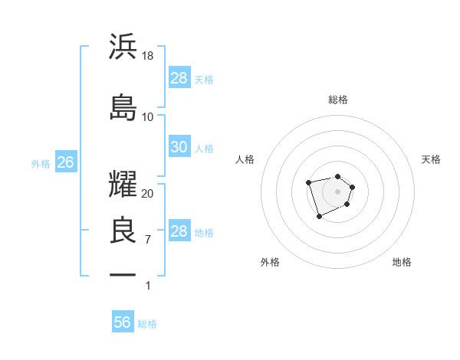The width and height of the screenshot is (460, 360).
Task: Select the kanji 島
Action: tap(123, 107)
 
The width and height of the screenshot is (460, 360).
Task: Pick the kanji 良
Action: tap(123, 231)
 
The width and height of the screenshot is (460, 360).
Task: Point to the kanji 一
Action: tap(123, 274)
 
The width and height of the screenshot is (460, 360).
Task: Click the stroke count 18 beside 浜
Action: tap(148, 55)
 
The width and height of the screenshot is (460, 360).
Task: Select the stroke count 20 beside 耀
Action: tap(148, 193)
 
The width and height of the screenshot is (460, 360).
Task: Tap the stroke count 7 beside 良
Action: tap(148, 239)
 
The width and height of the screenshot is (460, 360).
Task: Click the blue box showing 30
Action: tap(179, 147)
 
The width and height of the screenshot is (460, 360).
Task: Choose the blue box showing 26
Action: tap(65, 162)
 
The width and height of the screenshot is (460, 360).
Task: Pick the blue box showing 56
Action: tap(123, 322)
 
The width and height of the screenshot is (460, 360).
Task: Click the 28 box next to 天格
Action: tap(179, 77)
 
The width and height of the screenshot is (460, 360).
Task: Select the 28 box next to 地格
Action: tap(179, 231)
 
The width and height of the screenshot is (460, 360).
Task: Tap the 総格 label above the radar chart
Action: tap(338, 100)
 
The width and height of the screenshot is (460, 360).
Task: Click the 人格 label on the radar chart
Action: tap(245, 159)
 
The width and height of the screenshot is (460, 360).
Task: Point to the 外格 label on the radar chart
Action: tap(270, 262)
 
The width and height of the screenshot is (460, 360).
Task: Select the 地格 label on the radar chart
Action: tap(402, 262)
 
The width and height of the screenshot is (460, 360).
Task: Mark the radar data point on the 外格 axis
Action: tap(319, 217)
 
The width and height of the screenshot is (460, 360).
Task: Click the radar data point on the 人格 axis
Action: tap(308, 182)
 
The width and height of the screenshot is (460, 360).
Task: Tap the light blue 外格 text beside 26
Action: tap(41, 163)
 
